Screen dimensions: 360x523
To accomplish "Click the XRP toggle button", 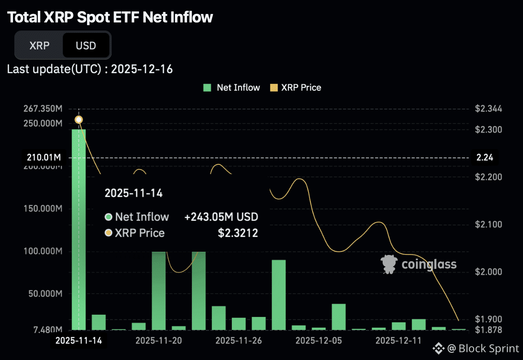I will pos(39,45).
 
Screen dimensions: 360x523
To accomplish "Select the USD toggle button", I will pos(86,45).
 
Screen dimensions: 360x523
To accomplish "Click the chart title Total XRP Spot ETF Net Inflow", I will pos(110,17).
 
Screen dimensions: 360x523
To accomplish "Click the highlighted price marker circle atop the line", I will pos(79,119).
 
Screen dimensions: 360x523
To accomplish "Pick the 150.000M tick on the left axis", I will pos(43,209).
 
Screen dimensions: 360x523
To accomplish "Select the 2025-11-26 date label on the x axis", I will pos(239,341).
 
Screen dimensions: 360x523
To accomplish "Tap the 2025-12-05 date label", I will pos(318,341).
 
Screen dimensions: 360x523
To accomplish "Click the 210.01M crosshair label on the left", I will pos(43,158).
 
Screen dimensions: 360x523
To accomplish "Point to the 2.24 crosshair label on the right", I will pos(484,158).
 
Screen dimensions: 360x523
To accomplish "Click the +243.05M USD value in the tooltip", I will pos(221,217).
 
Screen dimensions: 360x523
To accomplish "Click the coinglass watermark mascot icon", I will pos(388,264).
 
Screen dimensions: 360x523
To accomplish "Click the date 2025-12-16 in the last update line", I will pos(142,69).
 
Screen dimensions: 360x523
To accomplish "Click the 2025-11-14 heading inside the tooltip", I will pos(134,193).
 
